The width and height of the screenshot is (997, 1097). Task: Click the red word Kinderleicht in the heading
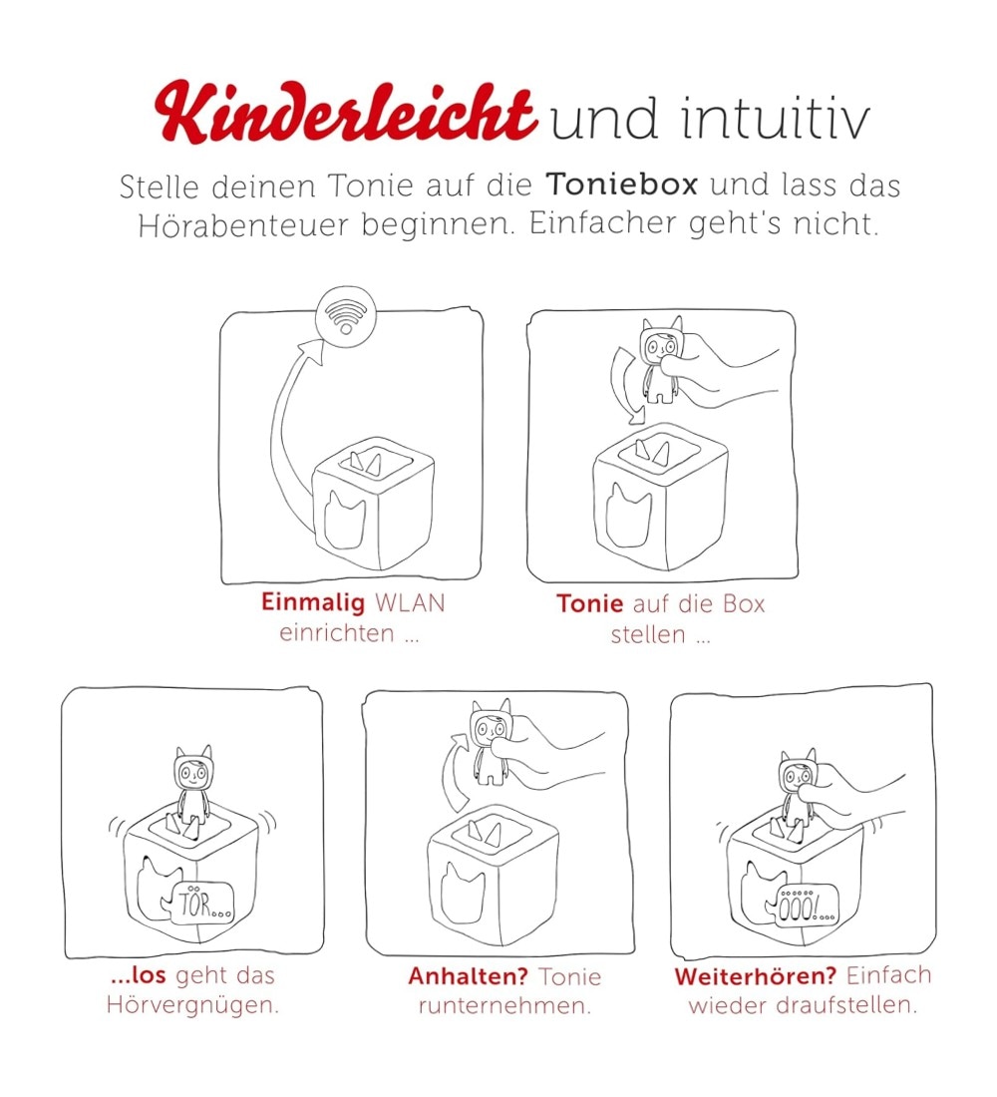346,112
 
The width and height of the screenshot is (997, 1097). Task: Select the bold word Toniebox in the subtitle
622,184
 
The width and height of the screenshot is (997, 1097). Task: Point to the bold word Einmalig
313,602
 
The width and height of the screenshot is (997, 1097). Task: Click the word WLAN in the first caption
410,602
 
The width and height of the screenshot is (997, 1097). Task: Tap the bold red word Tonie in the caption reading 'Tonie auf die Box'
590,603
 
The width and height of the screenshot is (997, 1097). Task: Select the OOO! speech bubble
804,908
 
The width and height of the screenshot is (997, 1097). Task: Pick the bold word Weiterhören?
756,976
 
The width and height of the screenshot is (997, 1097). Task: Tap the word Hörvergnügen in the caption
192,1006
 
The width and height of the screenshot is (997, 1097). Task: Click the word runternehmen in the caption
504,1006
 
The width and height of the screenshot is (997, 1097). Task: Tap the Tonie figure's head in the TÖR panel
192,770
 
